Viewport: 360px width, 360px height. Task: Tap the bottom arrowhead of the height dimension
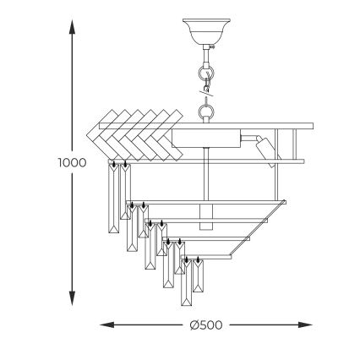pyautogui.click(x=72, y=301)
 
